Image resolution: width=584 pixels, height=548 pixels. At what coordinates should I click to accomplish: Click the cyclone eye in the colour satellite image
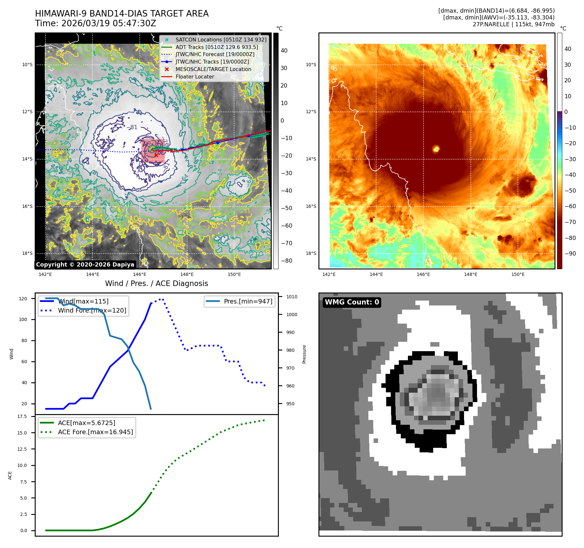click(436, 149)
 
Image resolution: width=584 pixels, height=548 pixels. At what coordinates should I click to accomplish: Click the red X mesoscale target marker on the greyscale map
click(156, 155)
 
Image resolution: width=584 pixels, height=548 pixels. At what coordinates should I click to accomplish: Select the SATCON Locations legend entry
click(221, 40)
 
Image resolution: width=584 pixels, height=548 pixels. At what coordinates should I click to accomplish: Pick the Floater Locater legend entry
click(195, 77)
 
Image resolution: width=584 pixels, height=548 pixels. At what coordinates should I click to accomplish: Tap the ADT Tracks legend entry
click(217, 47)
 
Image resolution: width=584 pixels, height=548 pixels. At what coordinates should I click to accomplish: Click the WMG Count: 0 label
click(352, 302)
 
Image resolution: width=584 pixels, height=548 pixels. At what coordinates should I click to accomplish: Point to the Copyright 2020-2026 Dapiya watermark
click(85, 265)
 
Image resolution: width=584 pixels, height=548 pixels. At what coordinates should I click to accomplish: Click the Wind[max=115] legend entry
click(83, 301)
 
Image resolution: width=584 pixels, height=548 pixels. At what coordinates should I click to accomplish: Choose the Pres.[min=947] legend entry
click(248, 301)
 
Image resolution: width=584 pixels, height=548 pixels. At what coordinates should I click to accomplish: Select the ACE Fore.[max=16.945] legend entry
click(95, 432)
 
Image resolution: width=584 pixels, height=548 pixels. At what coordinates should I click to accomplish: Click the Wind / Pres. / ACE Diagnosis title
click(156, 283)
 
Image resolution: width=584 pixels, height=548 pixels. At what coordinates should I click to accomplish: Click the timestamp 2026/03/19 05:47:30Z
click(109, 23)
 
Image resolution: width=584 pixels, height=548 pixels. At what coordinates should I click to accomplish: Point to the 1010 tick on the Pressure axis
click(292, 297)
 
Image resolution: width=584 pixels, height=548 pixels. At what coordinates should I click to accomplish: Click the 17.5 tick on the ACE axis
click(22, 416)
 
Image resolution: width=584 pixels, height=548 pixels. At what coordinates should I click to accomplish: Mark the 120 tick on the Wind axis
click(23, 299)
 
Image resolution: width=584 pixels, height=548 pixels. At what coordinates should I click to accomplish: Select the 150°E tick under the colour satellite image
click(518, 274)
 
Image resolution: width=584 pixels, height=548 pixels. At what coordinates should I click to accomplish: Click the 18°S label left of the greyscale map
click(27, 253)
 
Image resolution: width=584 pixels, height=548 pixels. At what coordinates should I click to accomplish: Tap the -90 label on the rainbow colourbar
click(570, 253)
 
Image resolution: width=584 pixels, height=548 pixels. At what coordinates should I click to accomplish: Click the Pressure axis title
click(304, 354)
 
